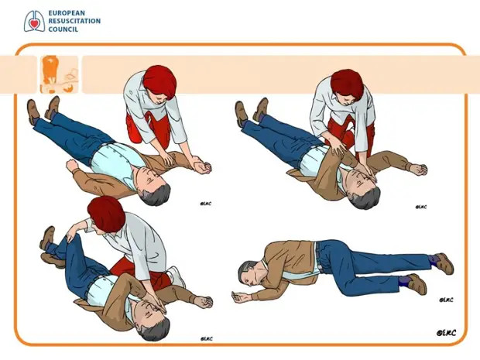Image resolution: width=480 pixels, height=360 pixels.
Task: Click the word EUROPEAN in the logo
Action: [67, 13]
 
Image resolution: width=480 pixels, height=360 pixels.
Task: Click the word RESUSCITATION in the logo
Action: [74, 21]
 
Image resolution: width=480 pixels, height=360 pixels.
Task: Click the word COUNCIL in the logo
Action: [63, 29]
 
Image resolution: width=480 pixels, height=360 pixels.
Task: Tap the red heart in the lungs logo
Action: [34, 22]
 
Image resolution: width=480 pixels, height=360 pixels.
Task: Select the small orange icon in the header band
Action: [59, 74]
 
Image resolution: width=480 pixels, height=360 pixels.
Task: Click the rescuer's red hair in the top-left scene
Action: [159, 82]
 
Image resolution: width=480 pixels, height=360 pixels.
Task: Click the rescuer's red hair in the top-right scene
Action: [347, 84]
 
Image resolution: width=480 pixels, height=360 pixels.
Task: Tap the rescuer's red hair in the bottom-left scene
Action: [106, 214]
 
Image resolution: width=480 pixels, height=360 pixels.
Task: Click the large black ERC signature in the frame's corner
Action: [447, 333]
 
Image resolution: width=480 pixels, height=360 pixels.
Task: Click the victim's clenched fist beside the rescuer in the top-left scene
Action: [202, 167]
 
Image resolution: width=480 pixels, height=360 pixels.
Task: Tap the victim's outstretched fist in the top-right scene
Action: [419, 170]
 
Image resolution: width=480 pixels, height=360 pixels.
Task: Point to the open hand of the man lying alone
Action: [240, 297]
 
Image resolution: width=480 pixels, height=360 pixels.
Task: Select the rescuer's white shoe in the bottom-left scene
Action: [177, 276]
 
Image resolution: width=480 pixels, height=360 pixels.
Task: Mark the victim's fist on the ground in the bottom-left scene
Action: [204, 302]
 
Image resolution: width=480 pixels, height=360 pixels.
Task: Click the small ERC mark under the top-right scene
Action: [421, 207]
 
